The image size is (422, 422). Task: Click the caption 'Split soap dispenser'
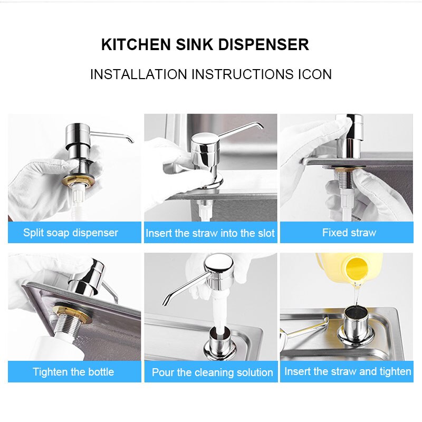(71, 233)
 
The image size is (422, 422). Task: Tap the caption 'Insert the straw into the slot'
(210, 233)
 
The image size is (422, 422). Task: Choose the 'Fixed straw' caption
(349, 233)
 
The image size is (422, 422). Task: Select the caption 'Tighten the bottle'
(73, 372)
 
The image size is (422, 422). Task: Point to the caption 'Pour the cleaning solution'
(212, 372)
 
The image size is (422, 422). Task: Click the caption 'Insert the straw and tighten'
(348, 371)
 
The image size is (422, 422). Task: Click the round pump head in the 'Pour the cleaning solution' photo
(218, 266)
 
